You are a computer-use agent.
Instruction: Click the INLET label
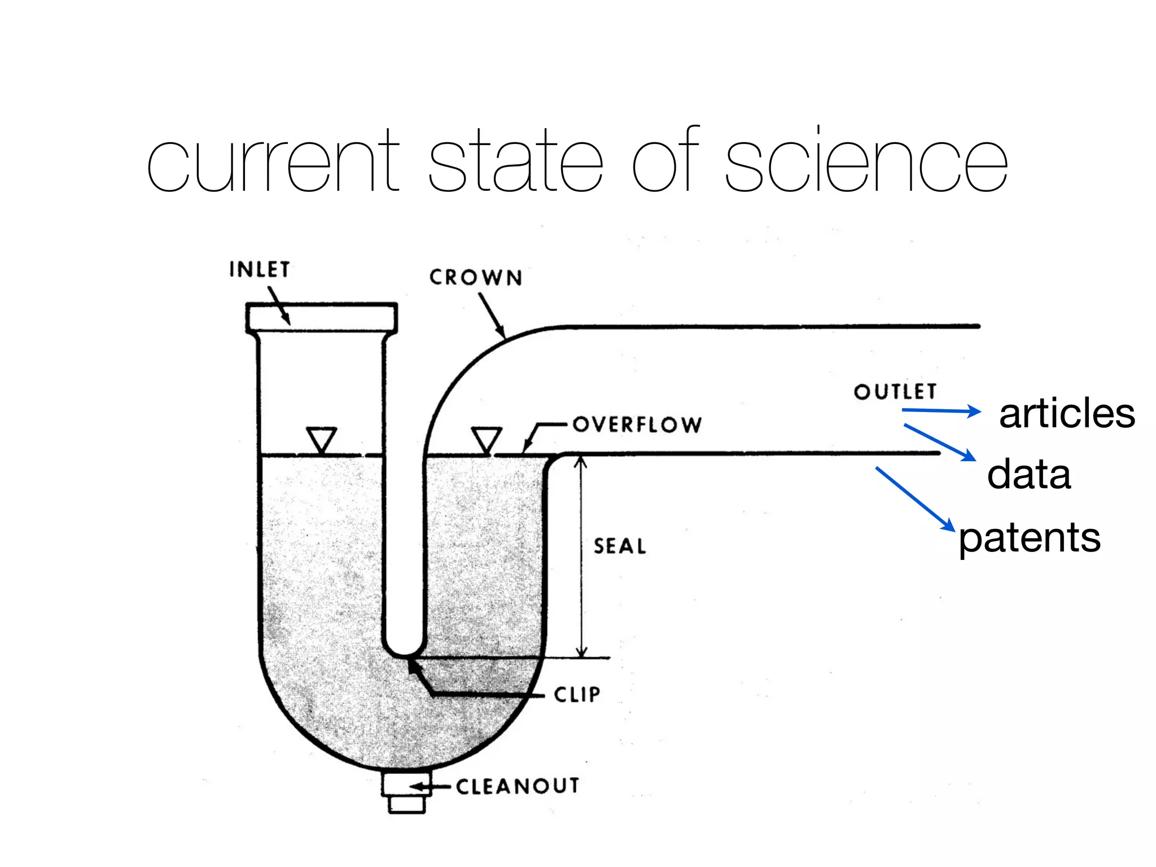pyautogui.click(x=260, y=270)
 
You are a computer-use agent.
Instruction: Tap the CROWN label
pyautogui.click(x=476, y=278)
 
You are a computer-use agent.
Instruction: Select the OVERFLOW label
pyautogui.click(x=637, y=424)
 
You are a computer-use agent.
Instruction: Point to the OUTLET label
pyautogui.click(x=895, y=392)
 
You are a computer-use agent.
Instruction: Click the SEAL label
pyautogui.click(x=620, y=546)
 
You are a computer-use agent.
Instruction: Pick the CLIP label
pyautogui.click(x=577, y=694)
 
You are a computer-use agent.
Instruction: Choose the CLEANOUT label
pyautogui.click(x=518, y=786)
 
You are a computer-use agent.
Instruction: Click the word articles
pyautogui.click(x=1067, y=414)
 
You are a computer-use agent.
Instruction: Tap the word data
pyautogui.click(x=1028, y=474)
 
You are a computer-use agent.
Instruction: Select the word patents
pyautogui.click(x=1030, y=537)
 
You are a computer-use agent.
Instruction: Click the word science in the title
pyautogui.click(x=866, y=161)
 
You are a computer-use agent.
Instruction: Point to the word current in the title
pyautogui.click(x=273, y=161)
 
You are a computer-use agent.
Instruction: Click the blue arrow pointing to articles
pyautogui.click(x=942, y=411)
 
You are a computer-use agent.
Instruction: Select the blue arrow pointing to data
pyautogui.click(x=939, y=442)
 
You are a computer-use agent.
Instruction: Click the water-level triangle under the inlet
pyautogui.click(x=322, y=439)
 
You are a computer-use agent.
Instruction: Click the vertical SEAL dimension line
pyautogui.click(x=581, y=556)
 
